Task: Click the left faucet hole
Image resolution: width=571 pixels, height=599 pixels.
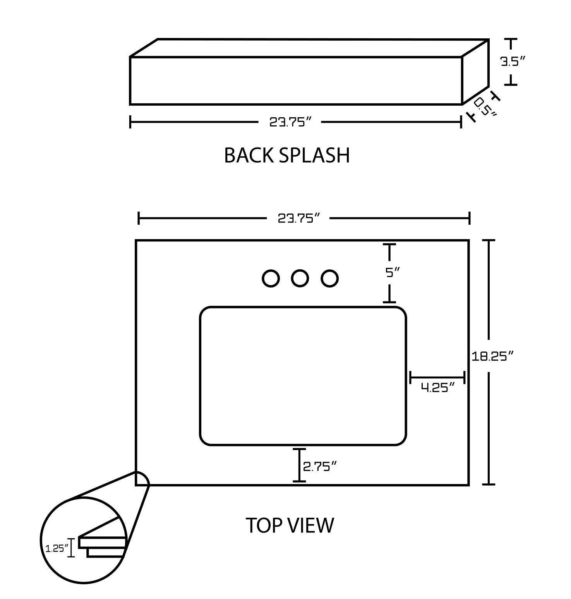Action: pyautogui.click(x=271, y=279)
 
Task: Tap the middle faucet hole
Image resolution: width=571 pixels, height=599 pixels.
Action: pyautogui.click(x=300, y=279)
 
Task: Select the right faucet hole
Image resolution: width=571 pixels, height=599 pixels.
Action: pyautogui.click(x=329, y=279)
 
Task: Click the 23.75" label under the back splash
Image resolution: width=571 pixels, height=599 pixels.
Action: pyautogui.click(x=290, y=122)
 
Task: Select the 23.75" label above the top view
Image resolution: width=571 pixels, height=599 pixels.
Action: pyautogui.click(x=299, y=219)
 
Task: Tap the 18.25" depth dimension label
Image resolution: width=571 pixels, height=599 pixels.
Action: pyautogui.click(x=492, y=356)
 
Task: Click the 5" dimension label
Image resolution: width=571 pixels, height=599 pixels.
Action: pyautogui.click(x=392, y=273)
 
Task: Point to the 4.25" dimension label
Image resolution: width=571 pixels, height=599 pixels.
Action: pyautogui.click(x=437, y=388)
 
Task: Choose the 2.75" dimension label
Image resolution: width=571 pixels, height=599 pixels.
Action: pyautogui.click(x=319, y=467)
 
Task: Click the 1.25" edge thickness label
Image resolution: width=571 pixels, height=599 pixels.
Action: pyautogui.click(x=57, y=548)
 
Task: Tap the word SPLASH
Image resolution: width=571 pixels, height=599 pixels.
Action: pyautogui.click(x=314, y=155)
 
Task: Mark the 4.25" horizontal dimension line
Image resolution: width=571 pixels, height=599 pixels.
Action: pyautogui.click(x=437, y=377)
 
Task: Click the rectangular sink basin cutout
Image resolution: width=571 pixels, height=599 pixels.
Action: pyautogui.click(x=303, y=376)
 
